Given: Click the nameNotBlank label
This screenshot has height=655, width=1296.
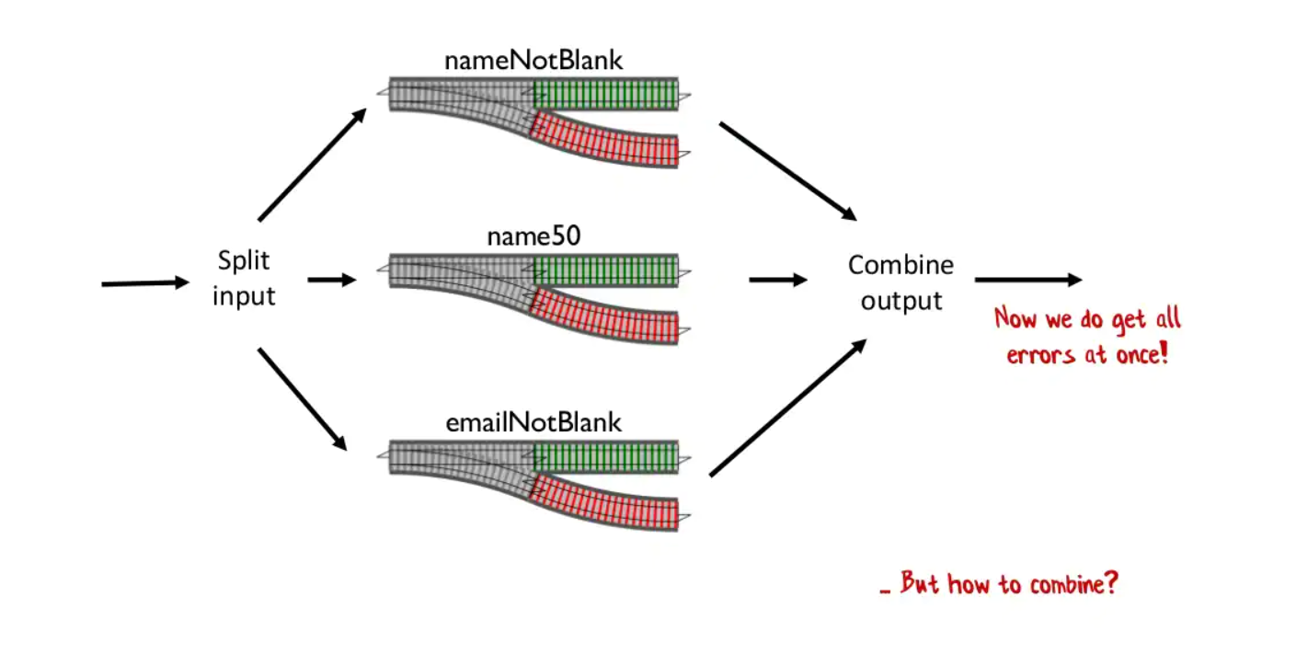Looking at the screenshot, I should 533,61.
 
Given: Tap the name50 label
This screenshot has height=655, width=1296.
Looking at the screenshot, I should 533,236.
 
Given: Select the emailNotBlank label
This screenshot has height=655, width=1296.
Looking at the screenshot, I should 533,422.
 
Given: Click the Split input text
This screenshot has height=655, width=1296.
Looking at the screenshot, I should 244,279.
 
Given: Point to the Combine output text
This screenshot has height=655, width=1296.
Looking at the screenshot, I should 900,282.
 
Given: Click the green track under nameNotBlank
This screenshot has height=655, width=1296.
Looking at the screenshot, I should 605,94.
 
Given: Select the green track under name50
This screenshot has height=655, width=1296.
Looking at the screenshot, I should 605,270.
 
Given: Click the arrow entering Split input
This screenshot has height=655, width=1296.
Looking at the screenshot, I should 144,283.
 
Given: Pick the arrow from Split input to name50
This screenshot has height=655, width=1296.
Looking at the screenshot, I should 331,279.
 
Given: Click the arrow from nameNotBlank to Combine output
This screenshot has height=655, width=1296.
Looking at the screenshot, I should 787,172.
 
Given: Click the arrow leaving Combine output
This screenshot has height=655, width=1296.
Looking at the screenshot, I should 1027,279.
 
